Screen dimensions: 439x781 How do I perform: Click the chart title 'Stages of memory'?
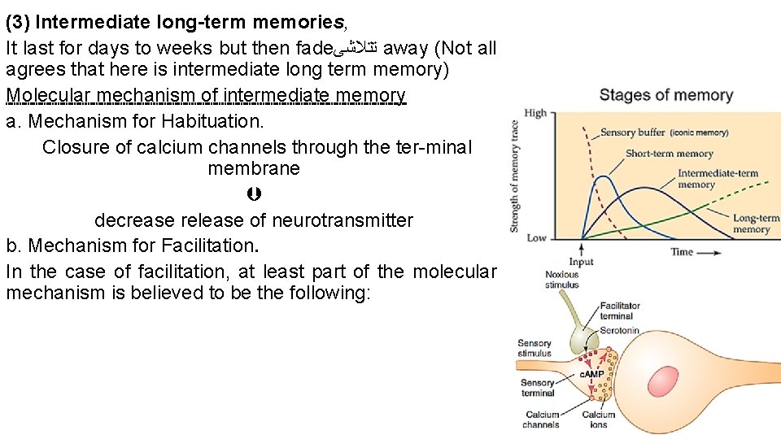pyautogui.click(x=665, y=96)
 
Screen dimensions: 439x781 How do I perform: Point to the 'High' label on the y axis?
pyautogui.click(x=535, y=113)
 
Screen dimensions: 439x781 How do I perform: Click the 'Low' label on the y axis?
pyautogui.click(x=536, y=238)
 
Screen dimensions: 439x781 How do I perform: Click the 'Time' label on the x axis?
pyautogui.click(x=682, y=252)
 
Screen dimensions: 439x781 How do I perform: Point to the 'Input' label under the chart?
pyautogui.click(x=581, y=263)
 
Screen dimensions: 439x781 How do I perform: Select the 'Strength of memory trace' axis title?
pyautogui.click(x=515, y=176)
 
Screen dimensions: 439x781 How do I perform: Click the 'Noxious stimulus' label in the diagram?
pyautogui.click(x=561, y=280)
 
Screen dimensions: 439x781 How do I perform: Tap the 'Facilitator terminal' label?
pyautogui.click(x=620, y=311)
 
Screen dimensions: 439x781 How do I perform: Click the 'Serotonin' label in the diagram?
pyautogui.click(x=620, y=331)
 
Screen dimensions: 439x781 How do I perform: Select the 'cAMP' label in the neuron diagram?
pyautogui.click(x=591, y=374)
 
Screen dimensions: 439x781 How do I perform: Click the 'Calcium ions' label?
pyautogui.click(x=598, y=419)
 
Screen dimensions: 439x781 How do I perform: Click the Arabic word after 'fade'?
pyautogui.click(x=357, y=49)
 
